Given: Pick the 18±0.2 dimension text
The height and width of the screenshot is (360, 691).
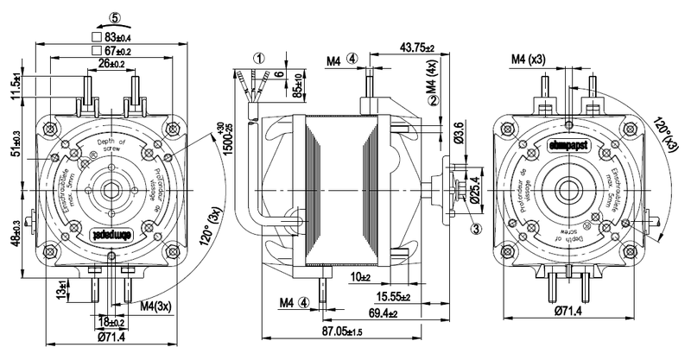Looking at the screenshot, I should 111,320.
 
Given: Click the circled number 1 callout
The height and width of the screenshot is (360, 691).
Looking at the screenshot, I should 257,59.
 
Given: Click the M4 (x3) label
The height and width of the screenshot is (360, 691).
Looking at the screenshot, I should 528,59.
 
